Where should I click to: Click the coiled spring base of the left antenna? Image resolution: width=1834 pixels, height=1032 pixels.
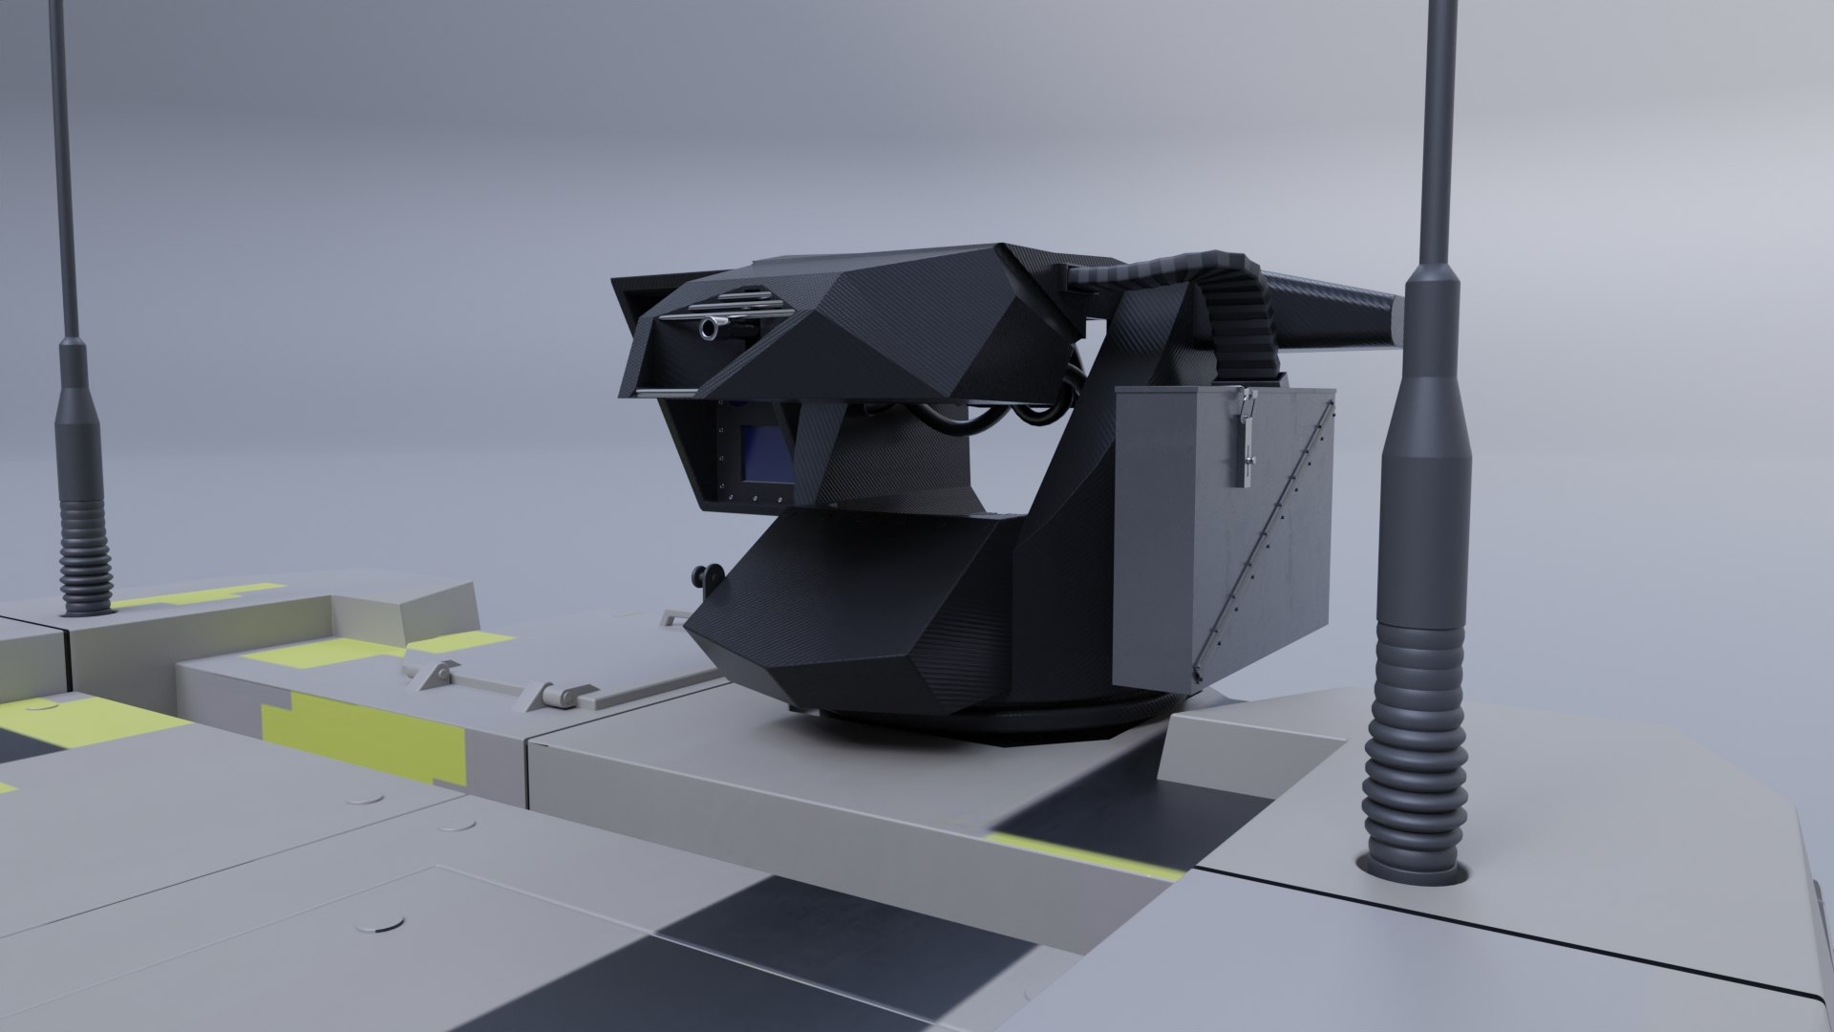coord(85,554)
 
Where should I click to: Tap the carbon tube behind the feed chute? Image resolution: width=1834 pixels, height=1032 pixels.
coord(1337,311)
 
